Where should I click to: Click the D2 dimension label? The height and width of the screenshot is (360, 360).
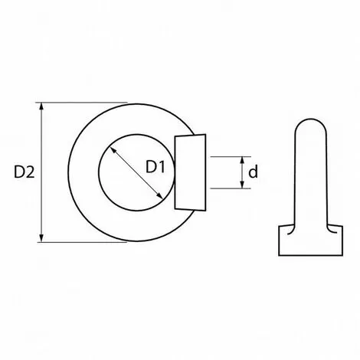24,172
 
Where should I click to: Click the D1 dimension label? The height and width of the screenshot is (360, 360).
155,167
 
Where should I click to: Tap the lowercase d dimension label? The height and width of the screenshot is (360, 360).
253,172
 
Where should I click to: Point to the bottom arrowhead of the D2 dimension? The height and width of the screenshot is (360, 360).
41,237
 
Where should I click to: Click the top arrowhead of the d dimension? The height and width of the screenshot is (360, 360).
242,161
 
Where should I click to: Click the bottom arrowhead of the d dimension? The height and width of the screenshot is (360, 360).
242,184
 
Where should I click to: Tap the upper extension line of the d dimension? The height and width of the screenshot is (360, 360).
231,156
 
